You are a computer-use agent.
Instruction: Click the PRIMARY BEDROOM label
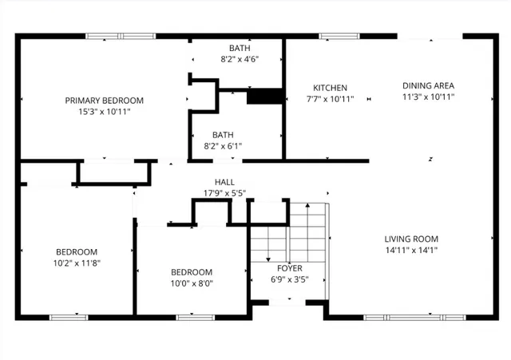tap(104, 100)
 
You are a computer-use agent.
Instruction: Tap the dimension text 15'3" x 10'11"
tap(104, 112)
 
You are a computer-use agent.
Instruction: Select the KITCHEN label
tap(330, 88)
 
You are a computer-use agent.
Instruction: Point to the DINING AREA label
tap(428, 85)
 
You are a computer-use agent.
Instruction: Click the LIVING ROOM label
tap(411, 239)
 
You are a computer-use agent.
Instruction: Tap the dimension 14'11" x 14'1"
tap(411, 250)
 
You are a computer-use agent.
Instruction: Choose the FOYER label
tap(288, 268)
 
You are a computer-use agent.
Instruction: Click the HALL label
tap(224, 182)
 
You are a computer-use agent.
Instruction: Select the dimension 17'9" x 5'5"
tap(224, 193)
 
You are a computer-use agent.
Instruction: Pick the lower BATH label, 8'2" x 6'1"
tap(223, 135)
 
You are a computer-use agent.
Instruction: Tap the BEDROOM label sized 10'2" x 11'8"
tap(77, 251)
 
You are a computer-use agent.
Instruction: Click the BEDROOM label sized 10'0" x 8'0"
tap(192, 271)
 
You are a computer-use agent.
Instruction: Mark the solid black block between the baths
tap(265, 97)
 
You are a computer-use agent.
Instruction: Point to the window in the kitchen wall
tap(334, 36)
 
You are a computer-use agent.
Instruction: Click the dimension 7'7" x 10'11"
tap(330, 99)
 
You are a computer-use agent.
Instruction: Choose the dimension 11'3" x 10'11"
tap(428, 97)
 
